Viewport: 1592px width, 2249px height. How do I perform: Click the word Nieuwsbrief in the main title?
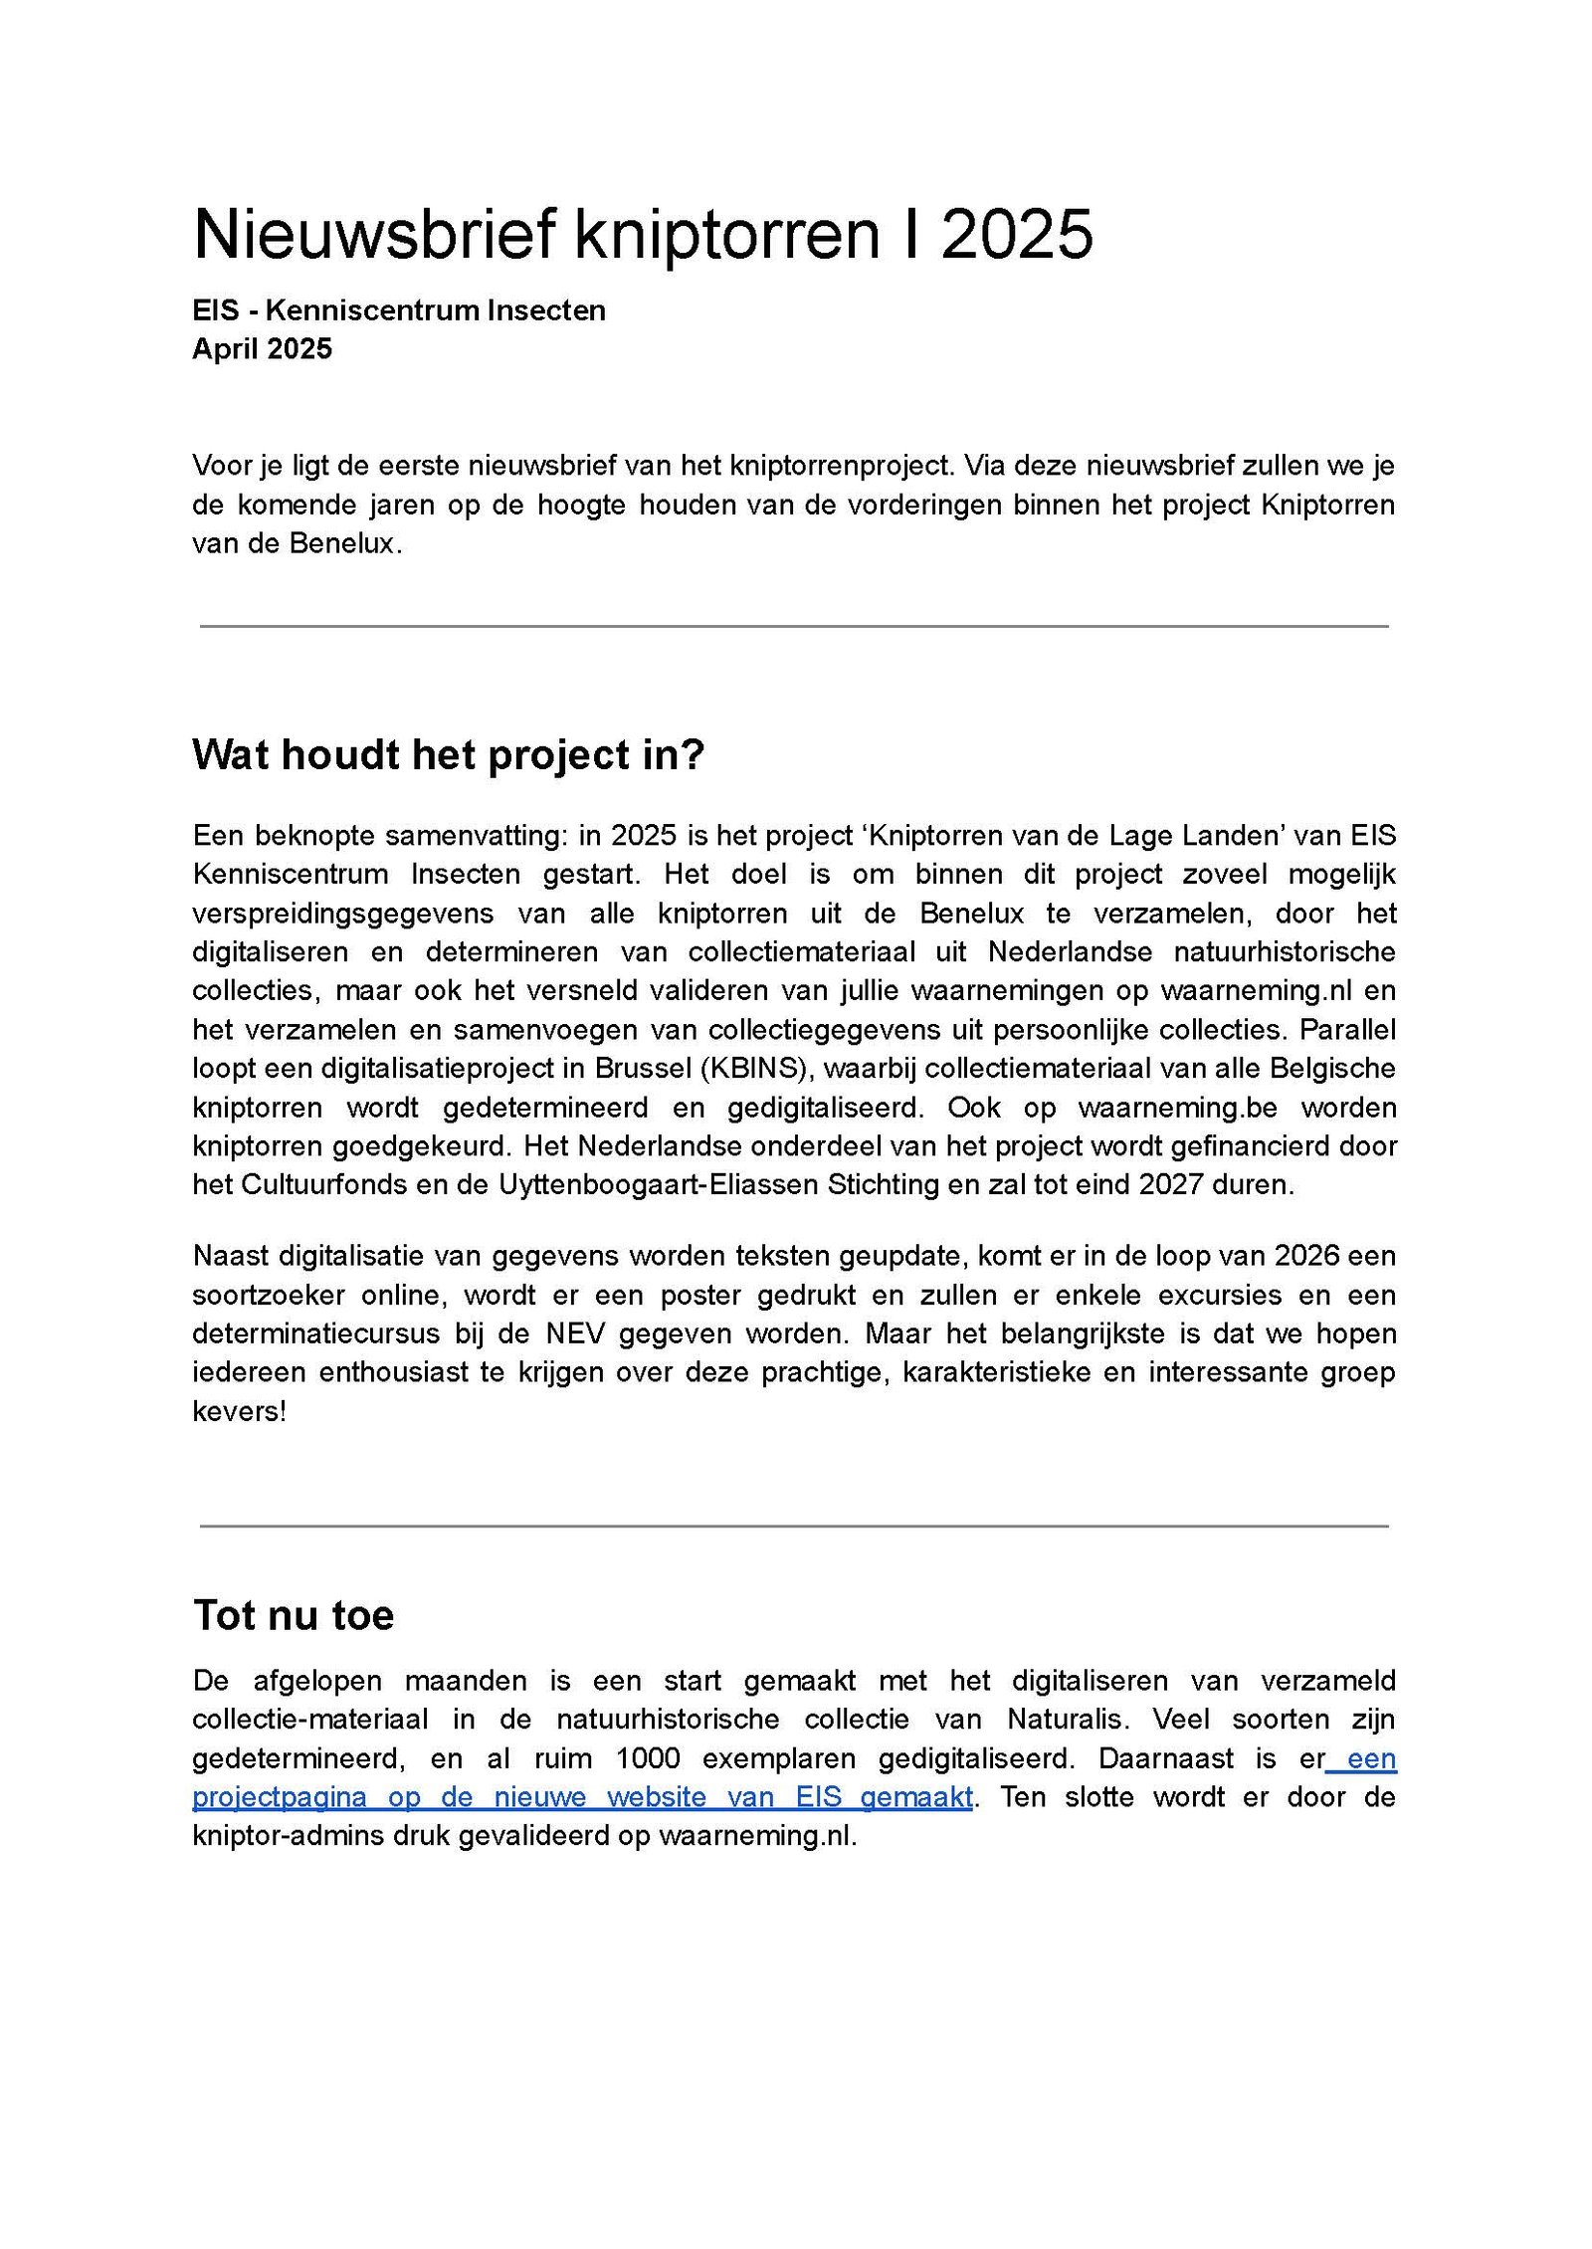tap(373, 235)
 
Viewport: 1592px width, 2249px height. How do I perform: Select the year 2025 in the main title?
tap(1017, 235)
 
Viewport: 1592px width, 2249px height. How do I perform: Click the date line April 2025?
tap(262, 349)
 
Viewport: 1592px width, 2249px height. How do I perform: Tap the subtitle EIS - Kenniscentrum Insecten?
tap(398, 310)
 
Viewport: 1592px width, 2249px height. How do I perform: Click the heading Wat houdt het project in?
tap(448, 755)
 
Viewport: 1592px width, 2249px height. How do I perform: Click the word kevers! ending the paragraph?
tap(239, 1411)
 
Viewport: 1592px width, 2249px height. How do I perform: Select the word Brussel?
tap(643, 1068)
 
